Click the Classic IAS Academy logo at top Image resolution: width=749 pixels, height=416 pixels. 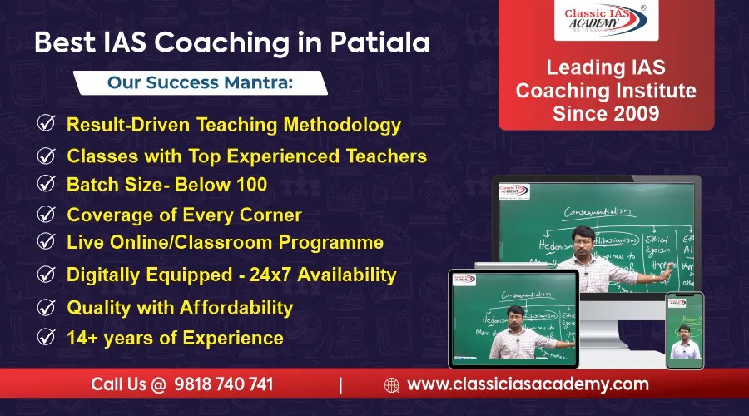(x=606, y=21)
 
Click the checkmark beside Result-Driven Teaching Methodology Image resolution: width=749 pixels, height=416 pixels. (x=47, y=125)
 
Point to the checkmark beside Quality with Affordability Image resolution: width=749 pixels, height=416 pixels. (x=47, y=307)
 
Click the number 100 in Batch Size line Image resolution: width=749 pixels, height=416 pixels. (x=250, y=185)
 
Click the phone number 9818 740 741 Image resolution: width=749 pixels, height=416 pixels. (x=223, y=384)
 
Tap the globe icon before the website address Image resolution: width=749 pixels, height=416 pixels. (x=391, y=385)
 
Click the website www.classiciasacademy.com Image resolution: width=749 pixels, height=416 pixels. (x=528, y=384)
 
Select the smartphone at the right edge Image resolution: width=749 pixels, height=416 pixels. (x=685, y=330)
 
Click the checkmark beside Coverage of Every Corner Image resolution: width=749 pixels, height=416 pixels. (x=47, y=215)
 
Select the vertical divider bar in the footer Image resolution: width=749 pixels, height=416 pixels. (x=340, y=385)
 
